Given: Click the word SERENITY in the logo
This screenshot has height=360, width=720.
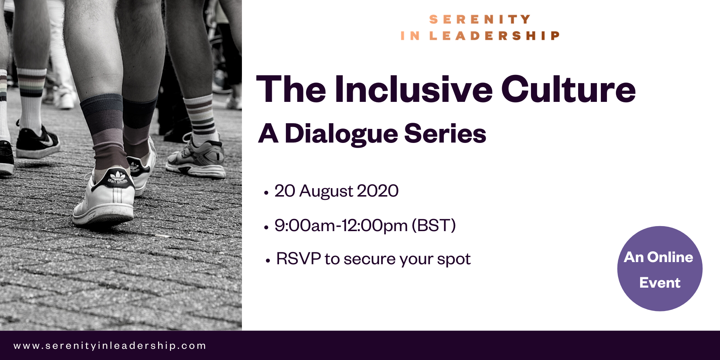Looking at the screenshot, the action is pyautogui.click(x=480, y=19).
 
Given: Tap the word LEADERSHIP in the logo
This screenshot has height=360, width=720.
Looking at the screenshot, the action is pyautogui.click(x=495, y=36).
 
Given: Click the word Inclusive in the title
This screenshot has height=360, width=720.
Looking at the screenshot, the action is pyautogui.click(x=414, y=89).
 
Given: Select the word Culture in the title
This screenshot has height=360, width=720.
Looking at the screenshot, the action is pyautogui.click(x=568, y=89).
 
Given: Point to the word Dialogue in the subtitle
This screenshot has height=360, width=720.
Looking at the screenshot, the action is pyautogui.click(x=341, y=134).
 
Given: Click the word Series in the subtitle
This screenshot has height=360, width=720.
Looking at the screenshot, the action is pyautogui.click(x=445, y=134).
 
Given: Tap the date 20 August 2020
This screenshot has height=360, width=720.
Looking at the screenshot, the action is pyautogui.click(x=336, y=191).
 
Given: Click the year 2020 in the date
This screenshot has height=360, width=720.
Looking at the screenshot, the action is pyautogui.click(x=378, y=190).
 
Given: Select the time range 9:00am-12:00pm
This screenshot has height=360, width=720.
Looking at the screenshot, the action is pyautogui.click(x=341, y=225).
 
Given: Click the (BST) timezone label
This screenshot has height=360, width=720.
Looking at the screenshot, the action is pyautogui.click(x=434, y=225).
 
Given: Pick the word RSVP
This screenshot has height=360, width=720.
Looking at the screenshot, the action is pyautogui.click(x=298, y=258).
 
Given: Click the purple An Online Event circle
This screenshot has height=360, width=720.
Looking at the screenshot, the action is pyautogui.click(x=660, y=269).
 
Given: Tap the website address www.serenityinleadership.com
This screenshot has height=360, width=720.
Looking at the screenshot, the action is pyautogui.click(x=110, y=346).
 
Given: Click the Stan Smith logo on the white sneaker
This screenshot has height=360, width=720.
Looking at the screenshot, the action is pyautogui.click(x=117, y=178).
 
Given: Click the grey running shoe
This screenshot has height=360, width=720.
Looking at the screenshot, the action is pyautogui.click(x=195, y=157).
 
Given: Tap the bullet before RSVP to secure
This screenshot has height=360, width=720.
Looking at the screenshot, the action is pyautogui.click(x=267, y=261).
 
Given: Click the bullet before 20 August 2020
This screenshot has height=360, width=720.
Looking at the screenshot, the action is pyautogui.click(x=266, y=193).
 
